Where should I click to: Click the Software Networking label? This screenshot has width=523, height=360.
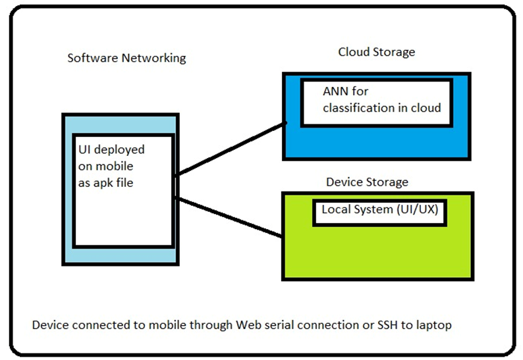pos(126,58)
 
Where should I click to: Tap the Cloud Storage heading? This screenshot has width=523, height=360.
pos(377,52)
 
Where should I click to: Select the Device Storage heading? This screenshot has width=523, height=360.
pos(367,182)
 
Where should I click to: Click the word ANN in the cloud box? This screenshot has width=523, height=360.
pos(335,91)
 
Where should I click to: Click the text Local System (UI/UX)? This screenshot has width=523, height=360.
pos(379,211)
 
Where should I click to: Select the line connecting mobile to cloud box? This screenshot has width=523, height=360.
pos(231,149)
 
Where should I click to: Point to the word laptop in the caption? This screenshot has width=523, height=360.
pos(433,326)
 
